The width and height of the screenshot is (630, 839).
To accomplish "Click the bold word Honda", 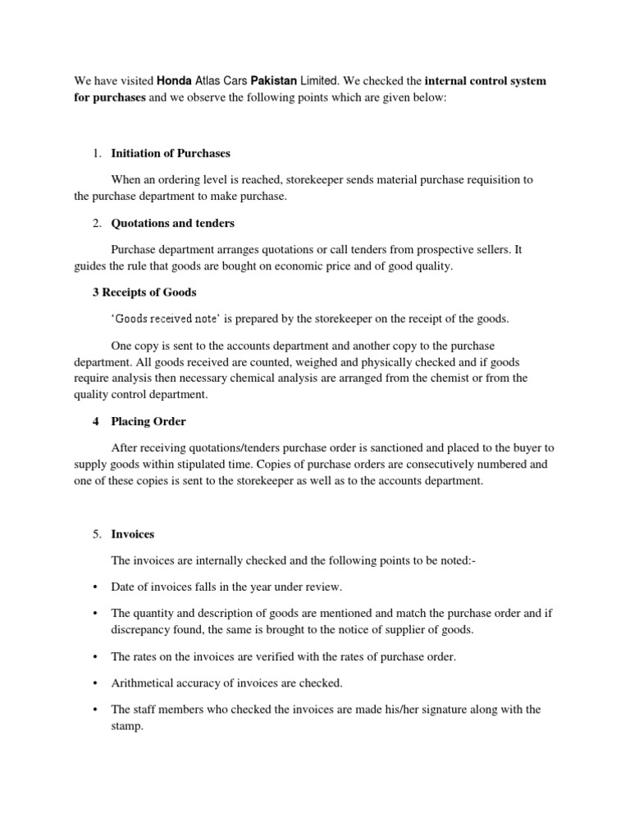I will click(x=174, y=82).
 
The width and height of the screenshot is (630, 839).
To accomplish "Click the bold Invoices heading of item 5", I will click(x=132, y=534).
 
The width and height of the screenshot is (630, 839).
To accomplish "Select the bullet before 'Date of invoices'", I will click(x=95, y=587).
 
